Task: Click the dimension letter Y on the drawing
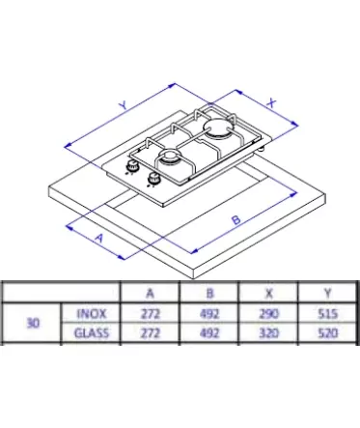point(124,105)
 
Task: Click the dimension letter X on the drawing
point(272,103)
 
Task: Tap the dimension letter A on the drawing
point(99,238)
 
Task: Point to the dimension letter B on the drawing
point(236,219)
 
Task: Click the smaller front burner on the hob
point(170,157)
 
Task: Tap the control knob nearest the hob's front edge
point(153,179)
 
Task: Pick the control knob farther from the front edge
point(132,166)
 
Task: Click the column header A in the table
point(150,293)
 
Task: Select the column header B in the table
point(209,293)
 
